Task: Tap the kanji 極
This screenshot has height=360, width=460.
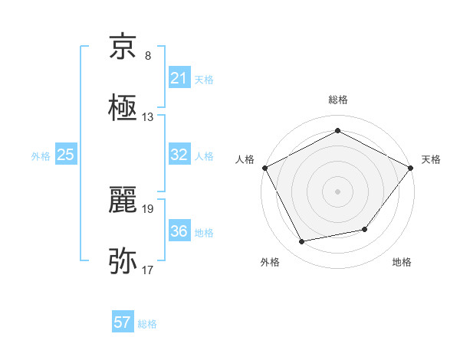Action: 123,108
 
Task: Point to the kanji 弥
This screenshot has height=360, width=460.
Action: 123,261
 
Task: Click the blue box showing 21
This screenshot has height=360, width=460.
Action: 179,78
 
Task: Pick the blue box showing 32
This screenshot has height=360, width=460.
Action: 179,155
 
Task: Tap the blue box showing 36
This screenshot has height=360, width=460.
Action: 179,231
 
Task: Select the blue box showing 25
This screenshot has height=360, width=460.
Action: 65,155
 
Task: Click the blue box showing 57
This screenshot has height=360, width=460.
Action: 123,322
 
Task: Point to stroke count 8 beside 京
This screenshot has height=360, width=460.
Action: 148,56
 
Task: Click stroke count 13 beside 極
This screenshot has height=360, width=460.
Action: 148,117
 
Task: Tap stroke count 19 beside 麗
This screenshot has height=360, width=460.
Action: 148,208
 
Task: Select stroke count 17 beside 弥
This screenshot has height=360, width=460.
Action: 148,270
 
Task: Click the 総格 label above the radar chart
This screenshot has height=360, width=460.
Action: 338,100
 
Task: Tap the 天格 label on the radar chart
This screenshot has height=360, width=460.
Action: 431,159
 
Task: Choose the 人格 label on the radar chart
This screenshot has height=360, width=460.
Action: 245,159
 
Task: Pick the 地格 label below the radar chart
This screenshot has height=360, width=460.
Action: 402,263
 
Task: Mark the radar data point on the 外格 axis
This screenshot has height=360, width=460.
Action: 302,242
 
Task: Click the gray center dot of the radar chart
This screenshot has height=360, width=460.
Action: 338,191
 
